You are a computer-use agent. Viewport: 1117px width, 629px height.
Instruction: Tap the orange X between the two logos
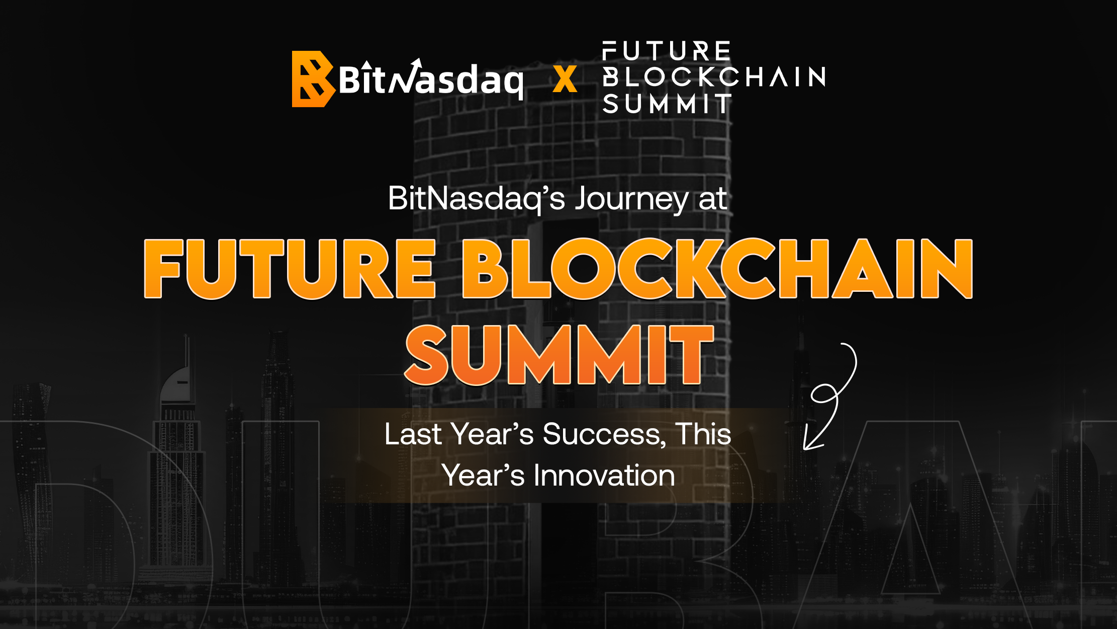pyautogui.click(x=565, y=80)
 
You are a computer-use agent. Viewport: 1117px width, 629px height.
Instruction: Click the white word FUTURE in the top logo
pyautogui.click(x=666, y=51)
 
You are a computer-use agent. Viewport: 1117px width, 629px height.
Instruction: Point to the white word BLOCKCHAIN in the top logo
pyautogui.click(x=714, y=77)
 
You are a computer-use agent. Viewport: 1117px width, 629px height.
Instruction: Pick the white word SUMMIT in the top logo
pyautogui.click(x=667, y=104)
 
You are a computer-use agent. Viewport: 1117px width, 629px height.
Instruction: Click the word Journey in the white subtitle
pyautogui.click(x=632, y=199)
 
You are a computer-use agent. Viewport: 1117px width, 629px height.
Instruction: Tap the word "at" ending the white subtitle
pyautogui.click(x=713, y=199)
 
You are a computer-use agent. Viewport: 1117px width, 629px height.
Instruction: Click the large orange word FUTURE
pyautogui.click(x=290, y=269)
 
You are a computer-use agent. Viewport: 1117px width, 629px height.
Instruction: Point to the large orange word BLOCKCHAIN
pyautogui.click(x=718, y=269)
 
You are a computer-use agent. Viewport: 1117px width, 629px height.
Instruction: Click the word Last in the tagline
pyautogui.click(x=413, y=434)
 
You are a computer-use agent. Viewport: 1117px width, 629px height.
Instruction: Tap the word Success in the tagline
pyautogui.click(x=605, y=434)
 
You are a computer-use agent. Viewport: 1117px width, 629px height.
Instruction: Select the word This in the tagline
pyautogui.click(x=703, y=434)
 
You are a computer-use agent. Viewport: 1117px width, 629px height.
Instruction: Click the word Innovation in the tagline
pyautogui.click(x=604, y=475)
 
